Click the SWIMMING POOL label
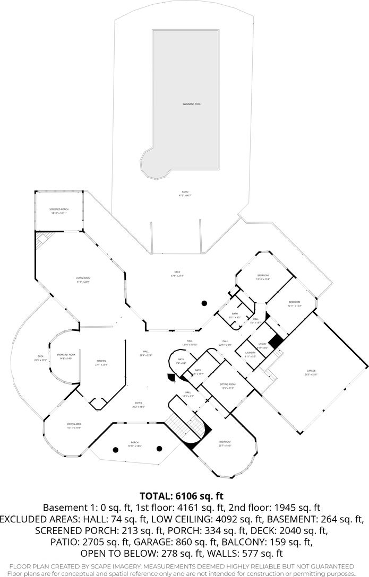coord(184,104)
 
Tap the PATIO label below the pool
coord(184,192)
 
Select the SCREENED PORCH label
coord(59,209)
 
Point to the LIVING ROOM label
coord(84,278)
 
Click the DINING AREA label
coord(74,424)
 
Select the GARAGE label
coord(311,371)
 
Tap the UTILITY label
coord(262,344)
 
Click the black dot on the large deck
coord(204,303)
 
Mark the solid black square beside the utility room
coord(275,341)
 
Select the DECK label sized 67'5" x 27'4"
coord(176,273)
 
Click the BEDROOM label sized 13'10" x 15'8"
coord(263,275)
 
